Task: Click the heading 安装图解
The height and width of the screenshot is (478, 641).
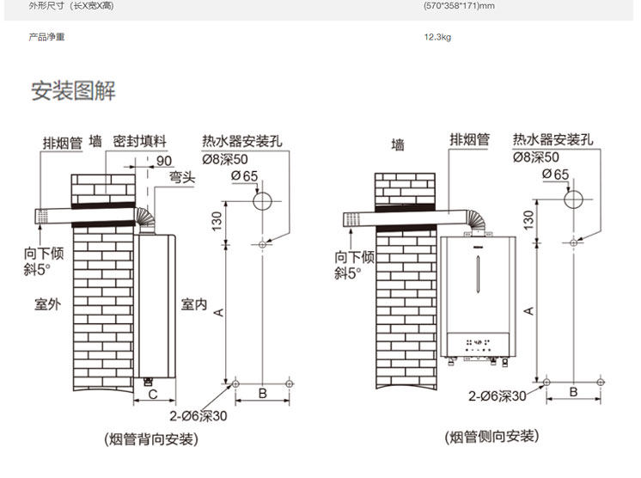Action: click(73, 90)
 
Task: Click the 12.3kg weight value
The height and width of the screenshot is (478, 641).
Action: click(437, 38)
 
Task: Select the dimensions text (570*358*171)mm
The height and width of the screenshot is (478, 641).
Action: click(460, 6)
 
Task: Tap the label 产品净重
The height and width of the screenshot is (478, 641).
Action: click(47, 38)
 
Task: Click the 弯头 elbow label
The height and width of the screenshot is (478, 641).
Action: click(182, 177)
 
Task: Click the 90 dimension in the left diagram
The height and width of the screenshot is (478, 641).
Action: click(164, 160)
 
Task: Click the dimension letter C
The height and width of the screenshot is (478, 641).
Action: click(151, 395)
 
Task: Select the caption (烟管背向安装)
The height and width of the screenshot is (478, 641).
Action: click(150, 439)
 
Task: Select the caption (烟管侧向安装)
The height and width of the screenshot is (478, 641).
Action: click(492, 438)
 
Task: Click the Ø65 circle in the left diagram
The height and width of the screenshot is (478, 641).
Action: click(262, 201)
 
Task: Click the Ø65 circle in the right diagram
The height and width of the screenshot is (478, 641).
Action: click(572, 200)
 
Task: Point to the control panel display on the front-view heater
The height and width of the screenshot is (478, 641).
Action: click(478, 340)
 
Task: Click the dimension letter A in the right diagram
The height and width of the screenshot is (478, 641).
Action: click(528, 310)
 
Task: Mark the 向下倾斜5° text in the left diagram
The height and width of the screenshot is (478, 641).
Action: click(44, 263)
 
